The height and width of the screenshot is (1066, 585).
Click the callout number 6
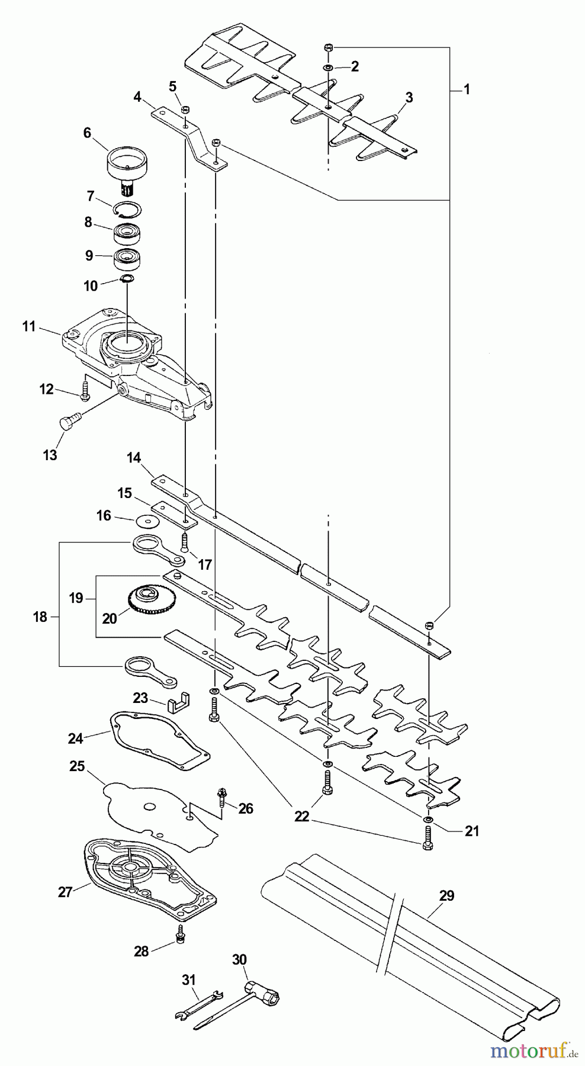87,133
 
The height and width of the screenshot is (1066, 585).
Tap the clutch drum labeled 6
127,163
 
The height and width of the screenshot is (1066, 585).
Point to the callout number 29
446,896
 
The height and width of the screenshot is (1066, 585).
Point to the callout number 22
301,816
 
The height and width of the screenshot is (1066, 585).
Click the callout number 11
29,326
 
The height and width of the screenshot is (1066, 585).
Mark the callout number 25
77,766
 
